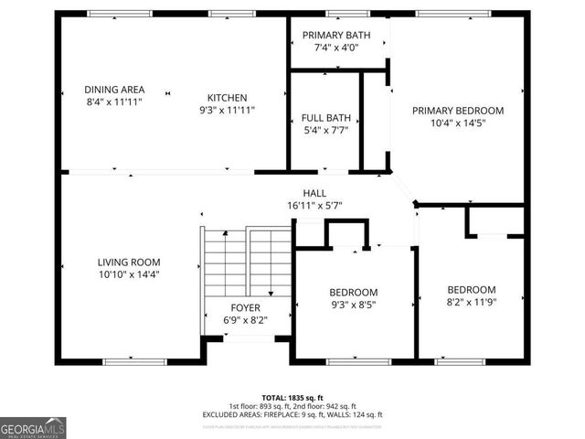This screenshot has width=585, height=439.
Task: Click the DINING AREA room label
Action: pyautogui.click(x=114, y=90)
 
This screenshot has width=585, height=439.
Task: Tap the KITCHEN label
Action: pyautogui.click(x=227, y=98)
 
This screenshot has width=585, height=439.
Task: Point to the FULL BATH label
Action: pyautogui.click(x=324, y=118)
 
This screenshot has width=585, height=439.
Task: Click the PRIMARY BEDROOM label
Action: pyautogui.click(x=457, y=111)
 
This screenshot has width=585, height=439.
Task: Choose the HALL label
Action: pyautogui.click(x=314, y=193)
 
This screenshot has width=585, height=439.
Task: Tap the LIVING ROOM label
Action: pyautogui.click(x=129, y=262)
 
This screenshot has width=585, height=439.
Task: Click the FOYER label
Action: pyautogui.click(x=245, y=308)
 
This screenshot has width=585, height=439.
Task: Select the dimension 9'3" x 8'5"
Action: pyautogui.click(x=353, y=305)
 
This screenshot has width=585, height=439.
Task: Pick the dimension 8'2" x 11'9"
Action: pyautogui.click(x=471, y=302)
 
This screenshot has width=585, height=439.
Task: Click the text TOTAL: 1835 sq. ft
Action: pyautogui.click(x=292, y=397)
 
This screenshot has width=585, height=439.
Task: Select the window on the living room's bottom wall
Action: pyautogui.click(x=134, y=361)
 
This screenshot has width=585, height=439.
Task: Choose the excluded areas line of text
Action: pyautogui.click(x=292, y=414)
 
